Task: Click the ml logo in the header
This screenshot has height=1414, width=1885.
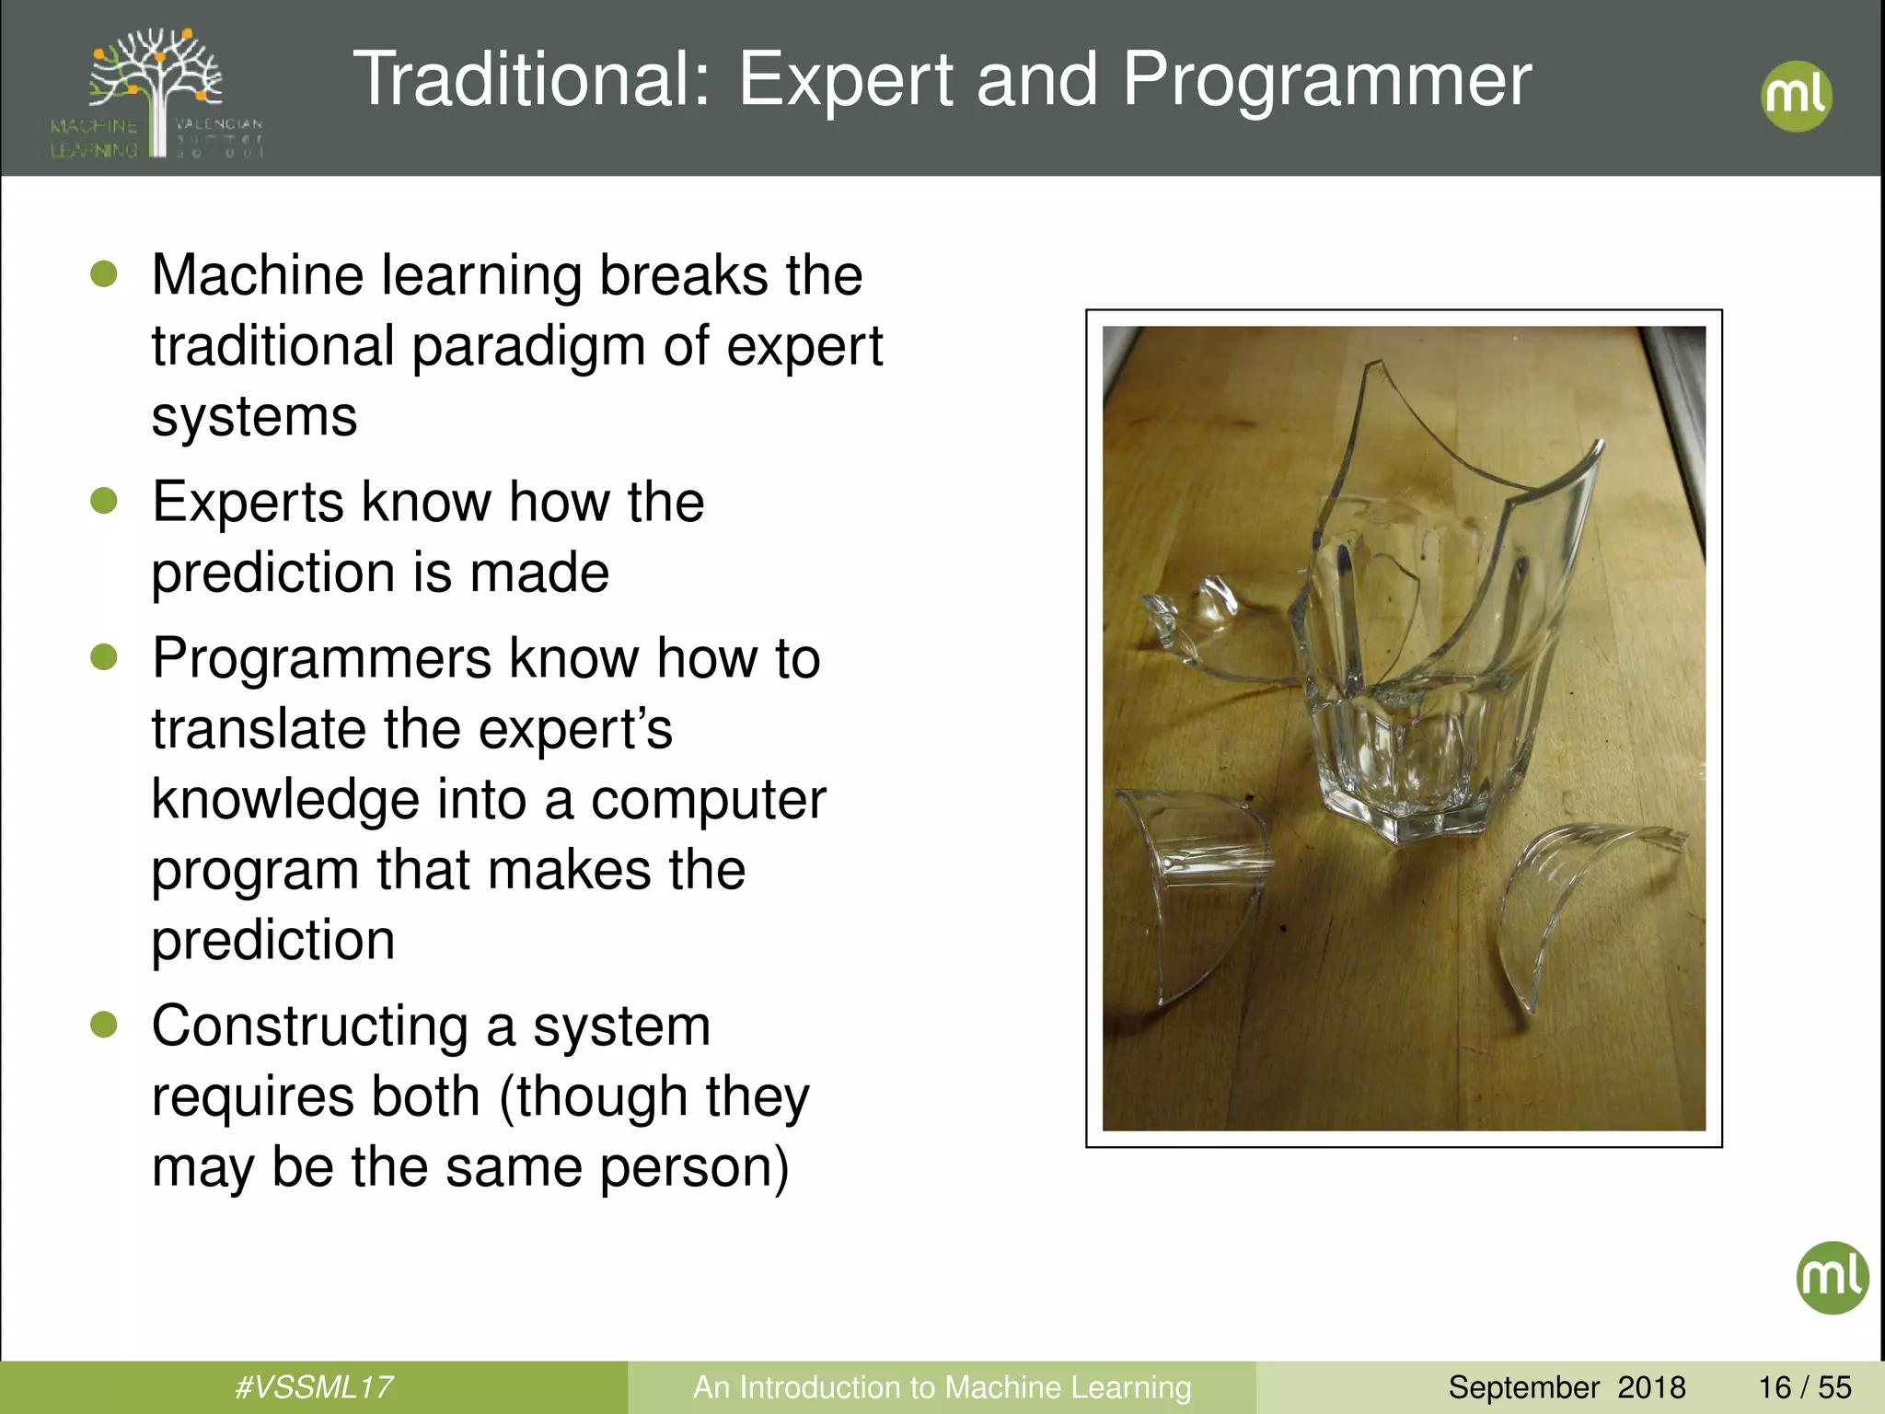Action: click(x=1796, y=96)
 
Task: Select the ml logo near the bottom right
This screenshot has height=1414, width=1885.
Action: click(x=1832, y=1277)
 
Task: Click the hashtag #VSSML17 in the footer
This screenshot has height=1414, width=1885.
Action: click(x=314, y=1386)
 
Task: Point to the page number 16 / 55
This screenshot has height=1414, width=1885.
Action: click(x=1804, y=1386)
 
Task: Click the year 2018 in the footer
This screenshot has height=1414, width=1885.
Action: click(x=1651, y=1386)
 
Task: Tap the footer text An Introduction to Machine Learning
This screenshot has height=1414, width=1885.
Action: click(x=942, y=1386)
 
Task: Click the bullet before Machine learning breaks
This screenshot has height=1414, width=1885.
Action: click(x=104, y=274)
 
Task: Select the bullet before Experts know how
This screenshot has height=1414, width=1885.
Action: click(x=104, y=501)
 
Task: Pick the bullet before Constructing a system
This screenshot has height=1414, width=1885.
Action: click(x=104, y=1025)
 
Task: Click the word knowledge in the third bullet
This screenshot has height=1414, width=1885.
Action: click(x=285, y=799)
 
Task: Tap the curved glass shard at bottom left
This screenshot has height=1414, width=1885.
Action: click(x=1197, y=884)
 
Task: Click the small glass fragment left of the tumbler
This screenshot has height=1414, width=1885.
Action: click(x=1187, y=617)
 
